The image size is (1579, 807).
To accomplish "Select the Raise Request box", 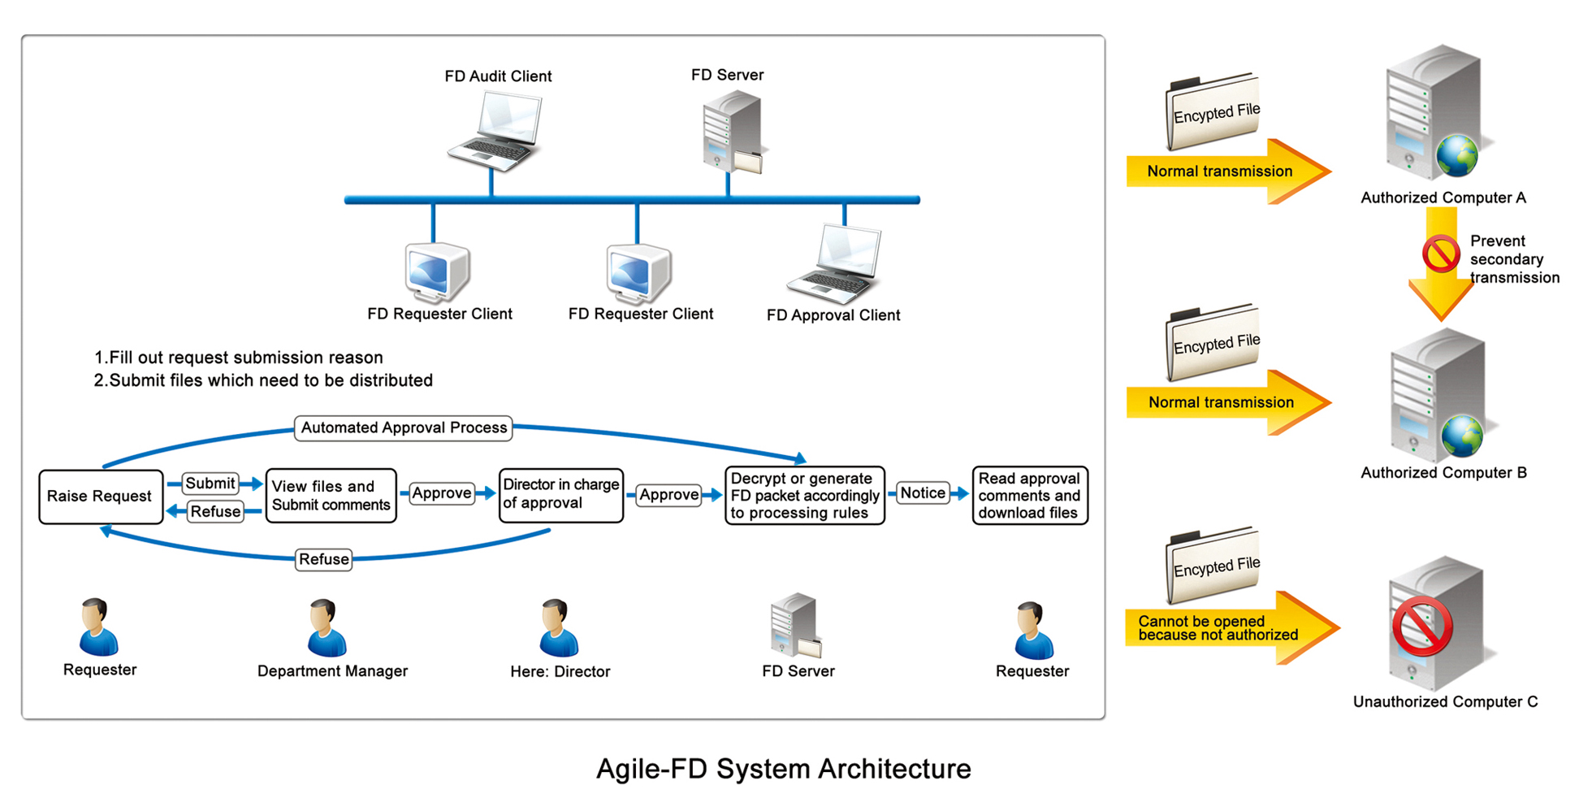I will (x=100, y=496).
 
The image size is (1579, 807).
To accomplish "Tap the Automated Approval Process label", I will (x=404, y=427).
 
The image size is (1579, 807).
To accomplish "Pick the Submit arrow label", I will (x=210, y=484).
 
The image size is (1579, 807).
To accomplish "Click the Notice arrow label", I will (x=923, y=493).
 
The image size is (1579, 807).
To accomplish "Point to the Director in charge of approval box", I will (x=560, y=495).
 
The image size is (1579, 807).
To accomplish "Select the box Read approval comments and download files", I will (x=1029, y=496).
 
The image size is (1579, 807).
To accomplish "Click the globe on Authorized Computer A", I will (x=1457, y=155).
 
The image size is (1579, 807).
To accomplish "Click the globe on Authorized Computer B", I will (x=1462, y=436).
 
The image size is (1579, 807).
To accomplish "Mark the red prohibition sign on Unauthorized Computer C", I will (x=1422, y=626).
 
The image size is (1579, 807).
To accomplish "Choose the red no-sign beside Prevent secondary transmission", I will (x=1441, y=254).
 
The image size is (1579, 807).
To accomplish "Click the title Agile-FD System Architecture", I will (x=783, y=769).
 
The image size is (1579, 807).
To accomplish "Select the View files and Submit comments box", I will (x=331, y=496).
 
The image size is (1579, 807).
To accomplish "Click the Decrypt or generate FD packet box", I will (x=804, y=496).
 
